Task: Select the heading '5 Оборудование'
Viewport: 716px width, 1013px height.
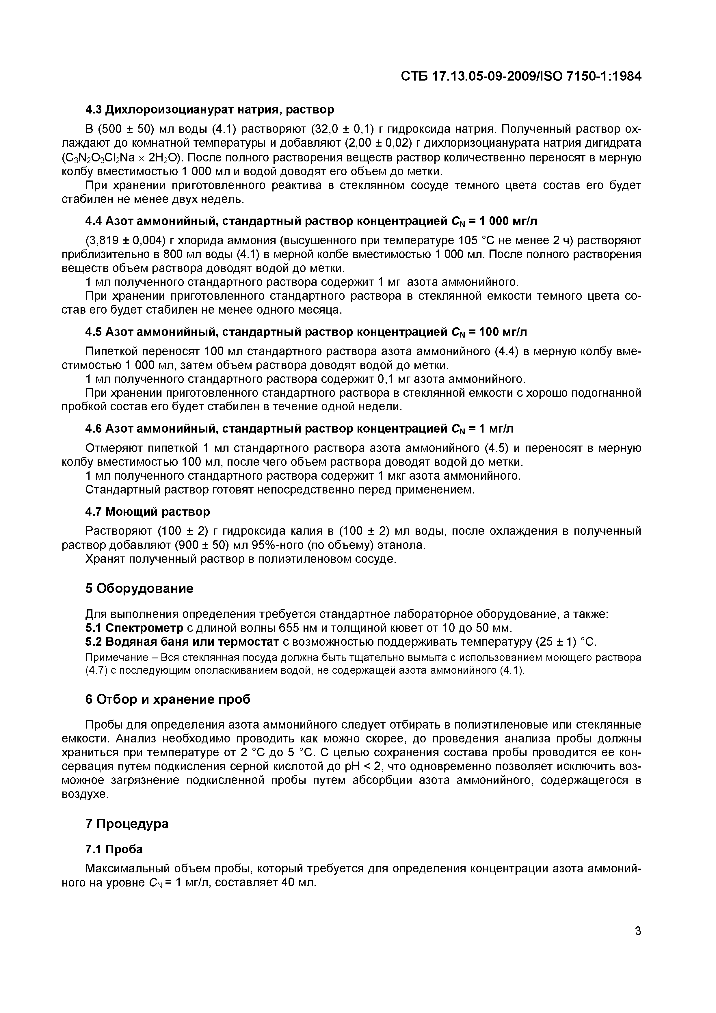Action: (x=140, y=589)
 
